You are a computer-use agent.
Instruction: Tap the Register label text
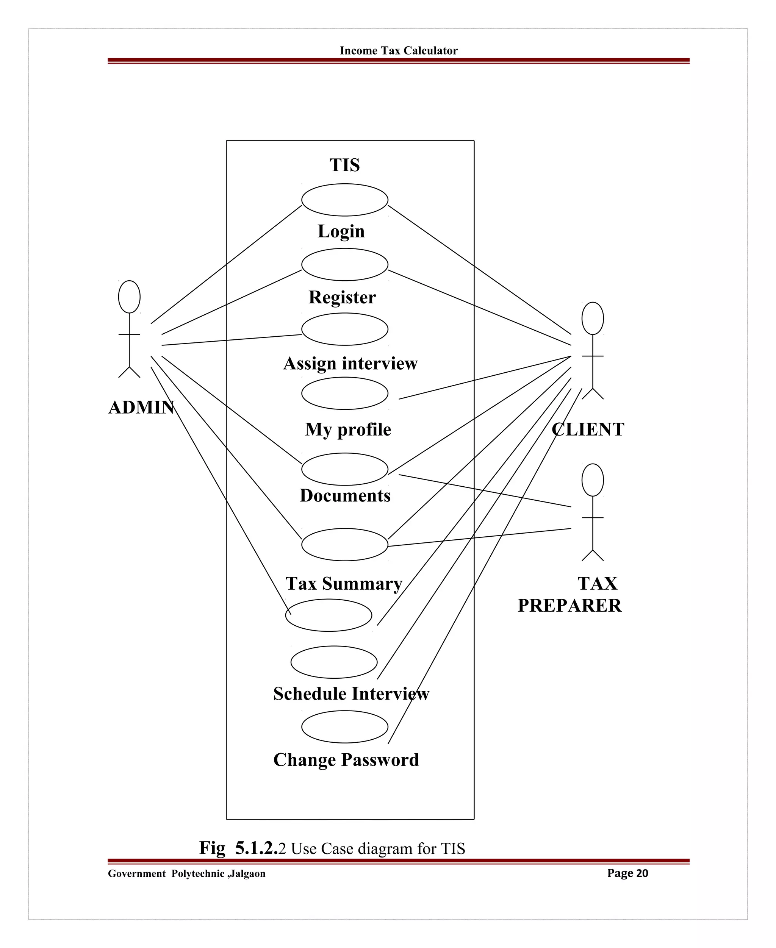pyautogui.click(x=342, y=297)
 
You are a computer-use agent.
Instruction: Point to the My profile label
pyautogui.click(x=348, y=429)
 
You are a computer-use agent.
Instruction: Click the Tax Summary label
pyautogui.click(x=344, y=583)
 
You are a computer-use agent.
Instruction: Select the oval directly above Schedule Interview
pyautogui.click(x=333, y=662)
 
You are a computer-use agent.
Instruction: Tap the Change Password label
pyautogui.click(x=346, y=760)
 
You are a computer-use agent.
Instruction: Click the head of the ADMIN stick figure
pyautogui.click(x=129, y=297)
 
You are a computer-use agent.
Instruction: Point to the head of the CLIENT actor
pyautogui.click(x=592, y=318)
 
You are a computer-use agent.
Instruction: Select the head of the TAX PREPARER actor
pyautogui.click(x=592, y=480)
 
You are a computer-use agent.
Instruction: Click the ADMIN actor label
pyautogui.click(x=141, y=408)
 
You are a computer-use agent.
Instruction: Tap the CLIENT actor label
pyautogui.click(x=587, y=429)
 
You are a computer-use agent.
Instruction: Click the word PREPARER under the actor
pyautogui.click(x=569, y=605)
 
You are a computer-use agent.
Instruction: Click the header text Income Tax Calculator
pyautogui.click(x=398, y=50)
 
